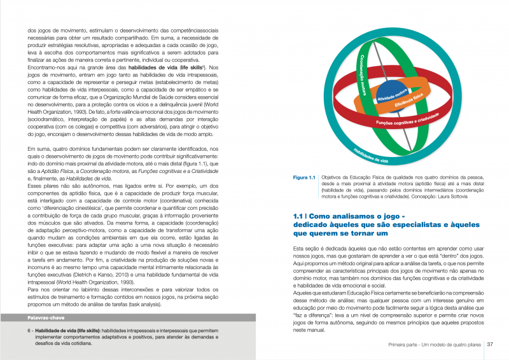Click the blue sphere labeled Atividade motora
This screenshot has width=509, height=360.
click(390, 93)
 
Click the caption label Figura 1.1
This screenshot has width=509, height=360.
click(304, 177)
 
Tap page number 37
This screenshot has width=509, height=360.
click(491, 345)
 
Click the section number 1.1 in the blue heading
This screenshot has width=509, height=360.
click(298, 216)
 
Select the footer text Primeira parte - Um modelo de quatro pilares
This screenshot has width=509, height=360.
click(435, 345)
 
